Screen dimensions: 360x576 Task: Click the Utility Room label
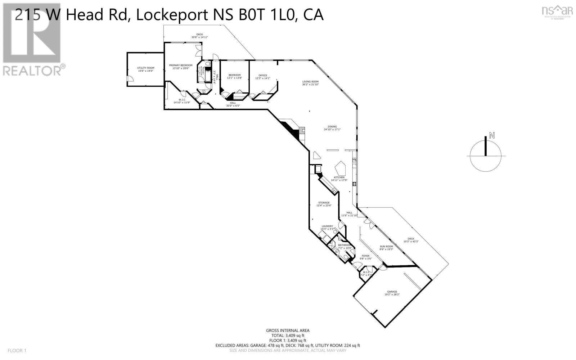[145, 68]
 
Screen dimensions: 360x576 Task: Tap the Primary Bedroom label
[181, 65]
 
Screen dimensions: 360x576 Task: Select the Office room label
[263, 75]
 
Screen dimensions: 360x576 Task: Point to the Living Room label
[310, 82]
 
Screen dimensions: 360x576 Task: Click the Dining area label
[332, 127]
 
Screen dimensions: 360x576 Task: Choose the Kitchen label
[339, 177]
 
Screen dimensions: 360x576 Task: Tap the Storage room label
[324, 203]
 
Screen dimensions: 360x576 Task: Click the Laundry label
[327, 226]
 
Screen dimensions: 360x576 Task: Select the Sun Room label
[386, 247]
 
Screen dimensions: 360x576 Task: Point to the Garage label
[392, 292]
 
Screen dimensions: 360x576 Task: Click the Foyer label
[365, 256]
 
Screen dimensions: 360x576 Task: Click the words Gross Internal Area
[288, 330]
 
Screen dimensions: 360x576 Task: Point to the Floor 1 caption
[17, 351]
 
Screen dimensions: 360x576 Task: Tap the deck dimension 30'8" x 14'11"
[199, 37]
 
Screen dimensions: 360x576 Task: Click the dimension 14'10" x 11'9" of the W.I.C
[182, 103]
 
